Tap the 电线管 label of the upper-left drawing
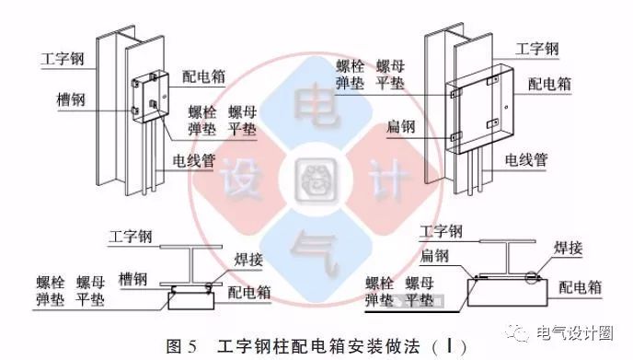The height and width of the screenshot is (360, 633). pyautogui.click(x=195, y=159)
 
